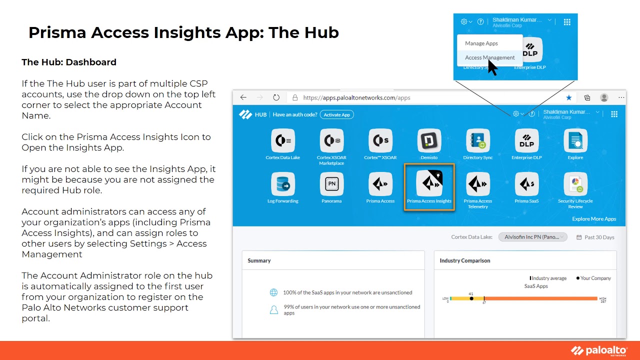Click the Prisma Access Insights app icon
[429, 184]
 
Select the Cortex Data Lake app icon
[282, 141]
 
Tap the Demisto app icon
[429, 141]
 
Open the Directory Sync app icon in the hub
[477, 141]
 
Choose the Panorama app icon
[331, 184]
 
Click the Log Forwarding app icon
[282, 184]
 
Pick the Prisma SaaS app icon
[526, 184]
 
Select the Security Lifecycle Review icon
[575, 184]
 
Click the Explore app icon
[575, 141]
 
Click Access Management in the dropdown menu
[489, 57]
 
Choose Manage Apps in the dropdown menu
[481, 43]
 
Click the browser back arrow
[243, 97]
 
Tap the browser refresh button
[276, 97]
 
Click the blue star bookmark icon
[568, 98]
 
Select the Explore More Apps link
[594, 219]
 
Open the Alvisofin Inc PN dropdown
[532, 237]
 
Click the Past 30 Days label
[598, 237]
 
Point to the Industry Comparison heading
[464, 260]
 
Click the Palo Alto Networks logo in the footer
[598, 351]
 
